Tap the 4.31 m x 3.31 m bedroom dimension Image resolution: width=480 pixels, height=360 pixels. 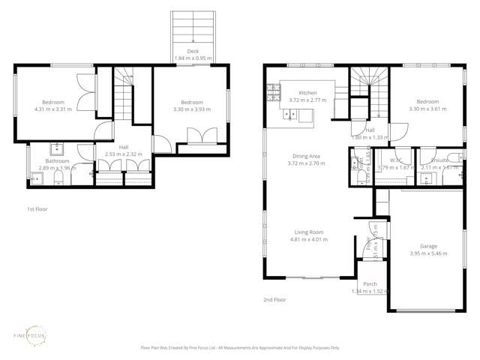53,109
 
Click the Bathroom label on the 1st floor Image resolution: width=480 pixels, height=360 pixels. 57,160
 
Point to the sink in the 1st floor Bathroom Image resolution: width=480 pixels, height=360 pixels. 56,148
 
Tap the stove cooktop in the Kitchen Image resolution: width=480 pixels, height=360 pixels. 271,94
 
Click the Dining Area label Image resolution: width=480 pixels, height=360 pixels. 308,156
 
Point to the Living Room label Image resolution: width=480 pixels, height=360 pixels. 308,232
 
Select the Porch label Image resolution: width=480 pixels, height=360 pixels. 370,284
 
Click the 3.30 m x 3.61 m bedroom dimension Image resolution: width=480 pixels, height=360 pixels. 427,109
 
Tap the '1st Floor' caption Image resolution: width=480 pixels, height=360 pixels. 37,209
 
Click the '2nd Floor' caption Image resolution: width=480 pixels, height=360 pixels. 274,299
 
